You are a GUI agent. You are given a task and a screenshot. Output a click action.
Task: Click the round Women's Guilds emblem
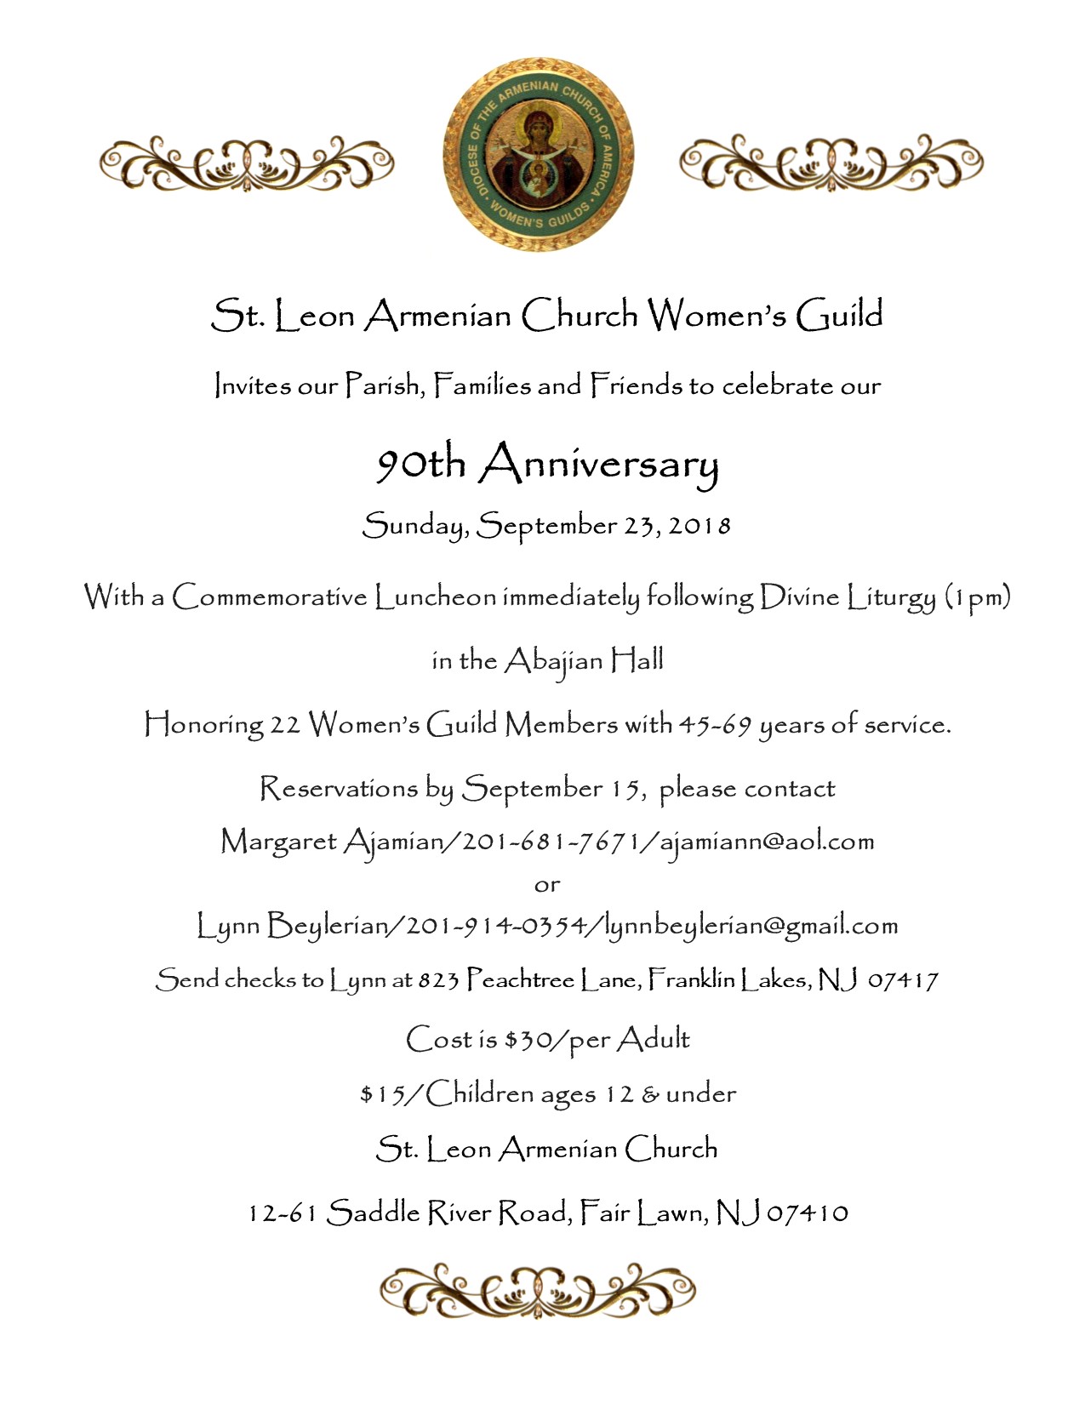538,155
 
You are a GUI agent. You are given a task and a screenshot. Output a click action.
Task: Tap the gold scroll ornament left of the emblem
247,162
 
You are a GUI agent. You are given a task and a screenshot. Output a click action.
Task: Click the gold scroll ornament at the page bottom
538,1292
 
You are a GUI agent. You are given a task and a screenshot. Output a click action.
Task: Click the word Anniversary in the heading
598,465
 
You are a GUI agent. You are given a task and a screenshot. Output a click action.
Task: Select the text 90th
421,465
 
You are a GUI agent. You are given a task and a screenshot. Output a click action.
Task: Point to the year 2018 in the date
700,525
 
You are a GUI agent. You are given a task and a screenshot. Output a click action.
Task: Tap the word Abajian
554,662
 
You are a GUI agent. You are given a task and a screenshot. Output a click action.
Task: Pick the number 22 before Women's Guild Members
285,725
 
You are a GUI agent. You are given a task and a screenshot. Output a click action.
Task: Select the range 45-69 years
715,725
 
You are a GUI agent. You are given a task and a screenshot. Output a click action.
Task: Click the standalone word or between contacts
547,885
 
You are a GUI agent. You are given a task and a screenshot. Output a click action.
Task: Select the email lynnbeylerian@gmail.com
751,927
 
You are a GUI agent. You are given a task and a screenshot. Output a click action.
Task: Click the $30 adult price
524,1040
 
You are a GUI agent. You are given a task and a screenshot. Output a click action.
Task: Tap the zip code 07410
808,1213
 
